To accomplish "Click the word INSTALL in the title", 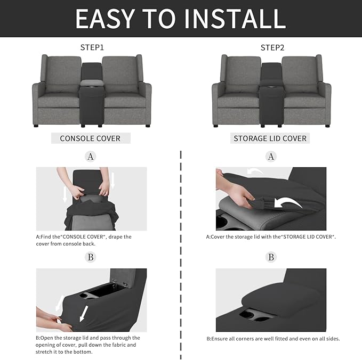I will tap(231, 18).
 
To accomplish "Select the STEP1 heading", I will tap(92, 48).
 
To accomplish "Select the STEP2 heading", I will tap(272, 48).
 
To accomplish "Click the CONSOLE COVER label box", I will tap(90, 138).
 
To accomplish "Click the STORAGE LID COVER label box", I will tap(270, 138).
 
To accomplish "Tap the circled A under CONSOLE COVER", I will tap(91, 157).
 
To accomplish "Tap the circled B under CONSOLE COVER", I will tap(91, 257).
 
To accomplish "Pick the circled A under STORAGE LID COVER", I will tap(271, 157).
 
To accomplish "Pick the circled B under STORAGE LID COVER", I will tap(271, 257).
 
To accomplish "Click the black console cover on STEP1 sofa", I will tap(91, 96).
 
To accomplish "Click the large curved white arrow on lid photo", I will tap(286, 203).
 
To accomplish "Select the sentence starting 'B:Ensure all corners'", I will tap(272, 339).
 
